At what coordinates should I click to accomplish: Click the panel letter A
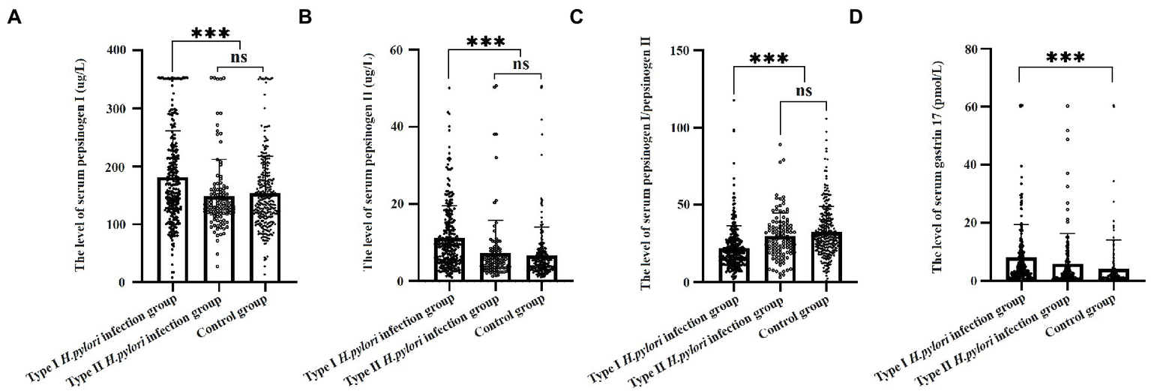coord(13,17)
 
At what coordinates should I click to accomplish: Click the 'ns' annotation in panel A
coord(239,57)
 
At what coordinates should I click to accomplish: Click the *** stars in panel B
coord(485,41)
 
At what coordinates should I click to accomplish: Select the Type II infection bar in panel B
coord(495,266)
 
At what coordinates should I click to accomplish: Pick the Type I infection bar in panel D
coord(1019,269)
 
